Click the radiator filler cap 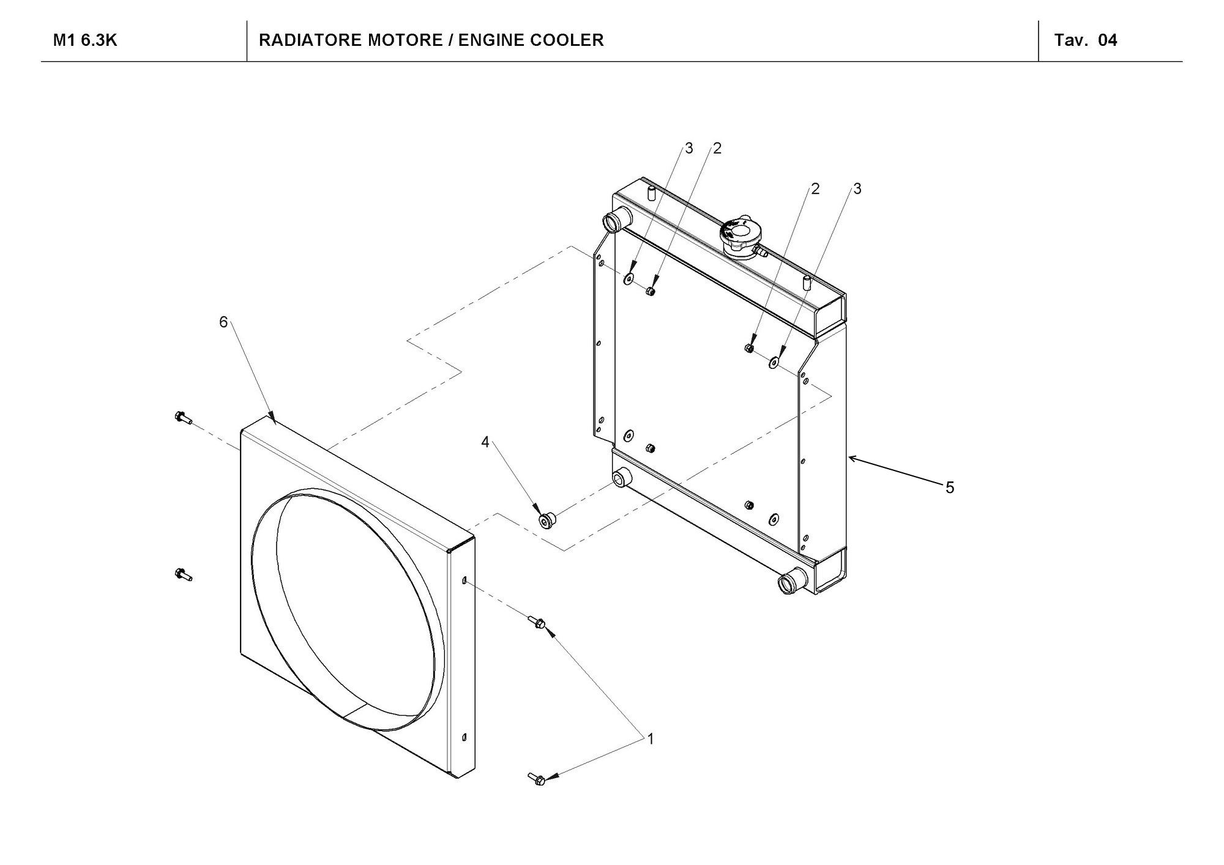[x=741, y=235]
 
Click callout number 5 [x=949, y=488]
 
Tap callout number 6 [x=223, y=322]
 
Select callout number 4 [x=485, y=442]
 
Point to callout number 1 [x=651, y=739]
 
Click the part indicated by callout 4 [x=546, y=520]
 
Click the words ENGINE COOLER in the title [x=531, y=40]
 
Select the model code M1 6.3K [x=85, y=40]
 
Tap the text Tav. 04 [x=1085, y=40]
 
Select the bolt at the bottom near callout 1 [x=537, y=779]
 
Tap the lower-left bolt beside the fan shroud [x=182, y=574]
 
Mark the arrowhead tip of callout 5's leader [x=849, y=457]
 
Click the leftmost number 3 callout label [x=688, y=149]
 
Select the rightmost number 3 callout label [x=857, y=189]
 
